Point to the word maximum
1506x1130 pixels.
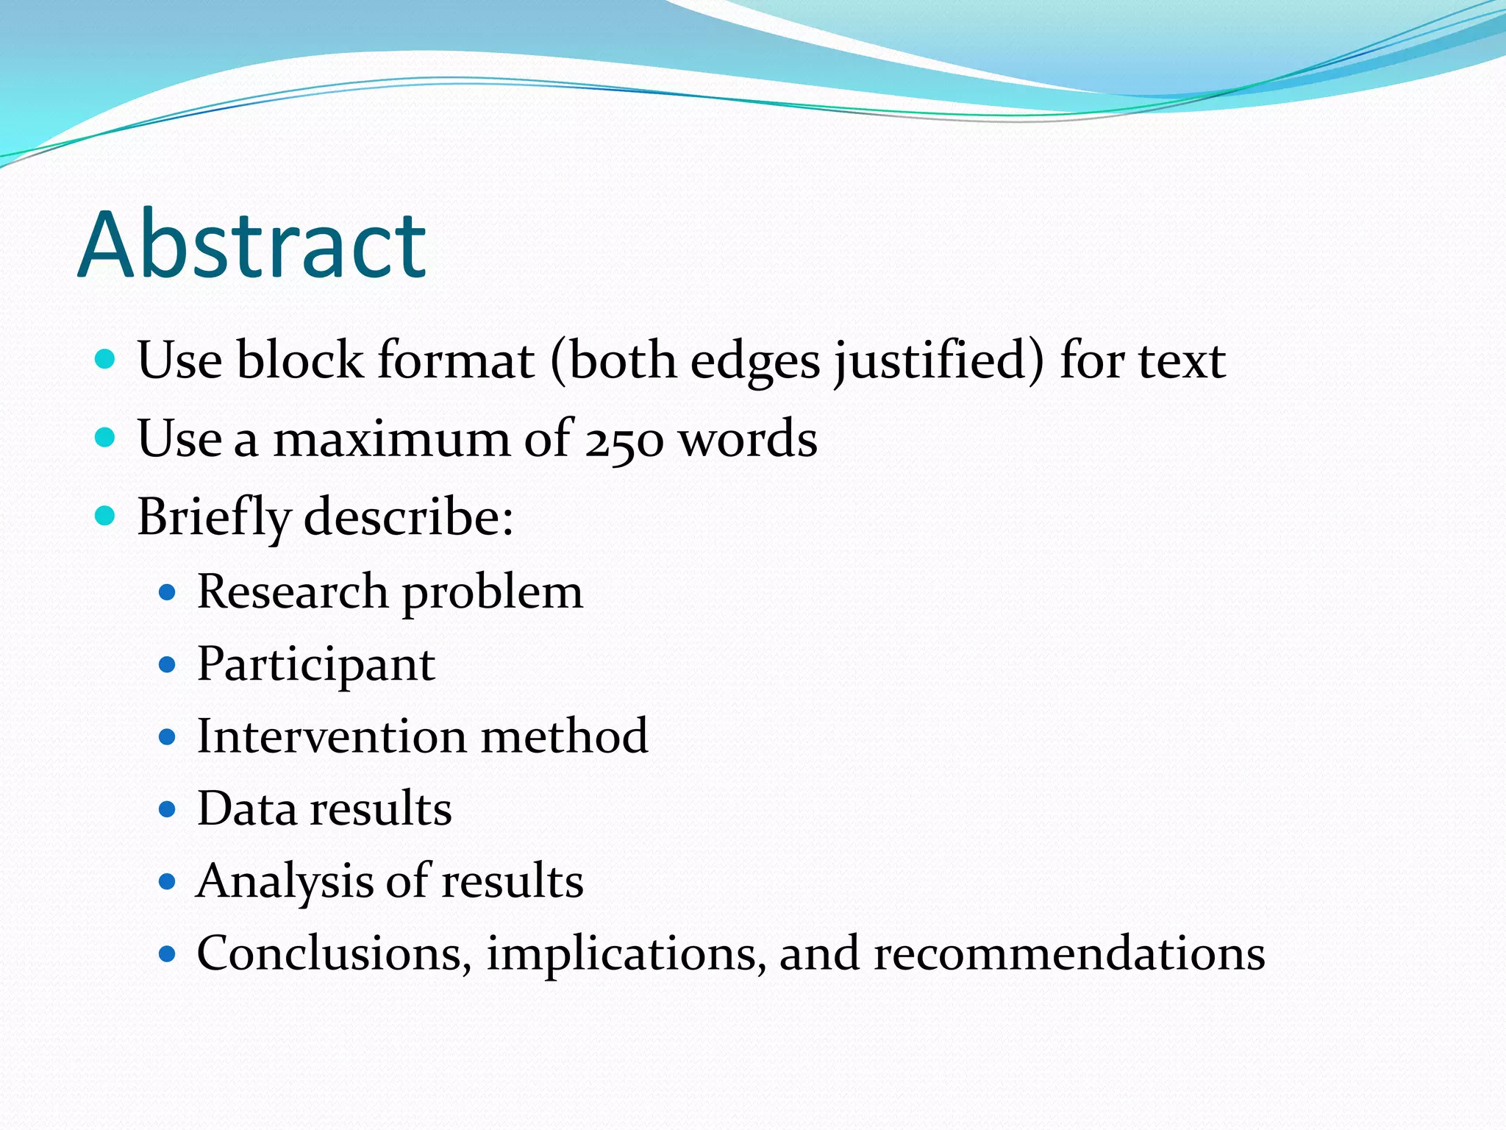(x=390, y=439)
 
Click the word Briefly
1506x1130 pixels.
(x=214, y=518)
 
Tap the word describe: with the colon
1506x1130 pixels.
(x=409, y=516)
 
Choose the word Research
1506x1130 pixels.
(x=293, y=591)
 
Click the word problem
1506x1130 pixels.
(x=493, y=593)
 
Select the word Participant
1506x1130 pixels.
(x=316, y=665)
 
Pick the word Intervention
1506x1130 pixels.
(x=332, y=736)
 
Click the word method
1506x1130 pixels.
(x=564, y=736)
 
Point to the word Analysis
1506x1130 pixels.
(x=285, y=881)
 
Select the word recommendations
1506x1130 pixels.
(x=1069, y=953)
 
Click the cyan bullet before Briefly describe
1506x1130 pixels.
(x=106, y=516)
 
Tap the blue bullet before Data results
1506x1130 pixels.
(x=168, y=810)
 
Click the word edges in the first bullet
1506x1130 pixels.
(x=754, y=362)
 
